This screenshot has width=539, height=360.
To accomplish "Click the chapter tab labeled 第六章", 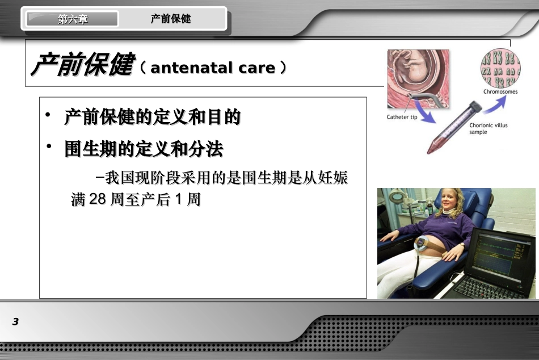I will [x=73, y=19].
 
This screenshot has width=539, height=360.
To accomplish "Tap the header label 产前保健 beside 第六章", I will [x=171, y=19].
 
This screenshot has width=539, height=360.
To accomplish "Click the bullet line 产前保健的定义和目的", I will [x=153, y=118].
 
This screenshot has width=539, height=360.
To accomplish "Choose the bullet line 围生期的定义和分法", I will [x=144, y=150].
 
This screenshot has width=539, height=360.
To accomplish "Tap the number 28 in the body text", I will [x=98, y=200].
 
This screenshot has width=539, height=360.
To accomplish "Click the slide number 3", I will [x=15, y=322].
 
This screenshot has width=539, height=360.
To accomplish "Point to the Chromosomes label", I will [x=500, y=91].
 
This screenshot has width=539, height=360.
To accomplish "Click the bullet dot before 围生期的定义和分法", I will [x=49, y=148].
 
